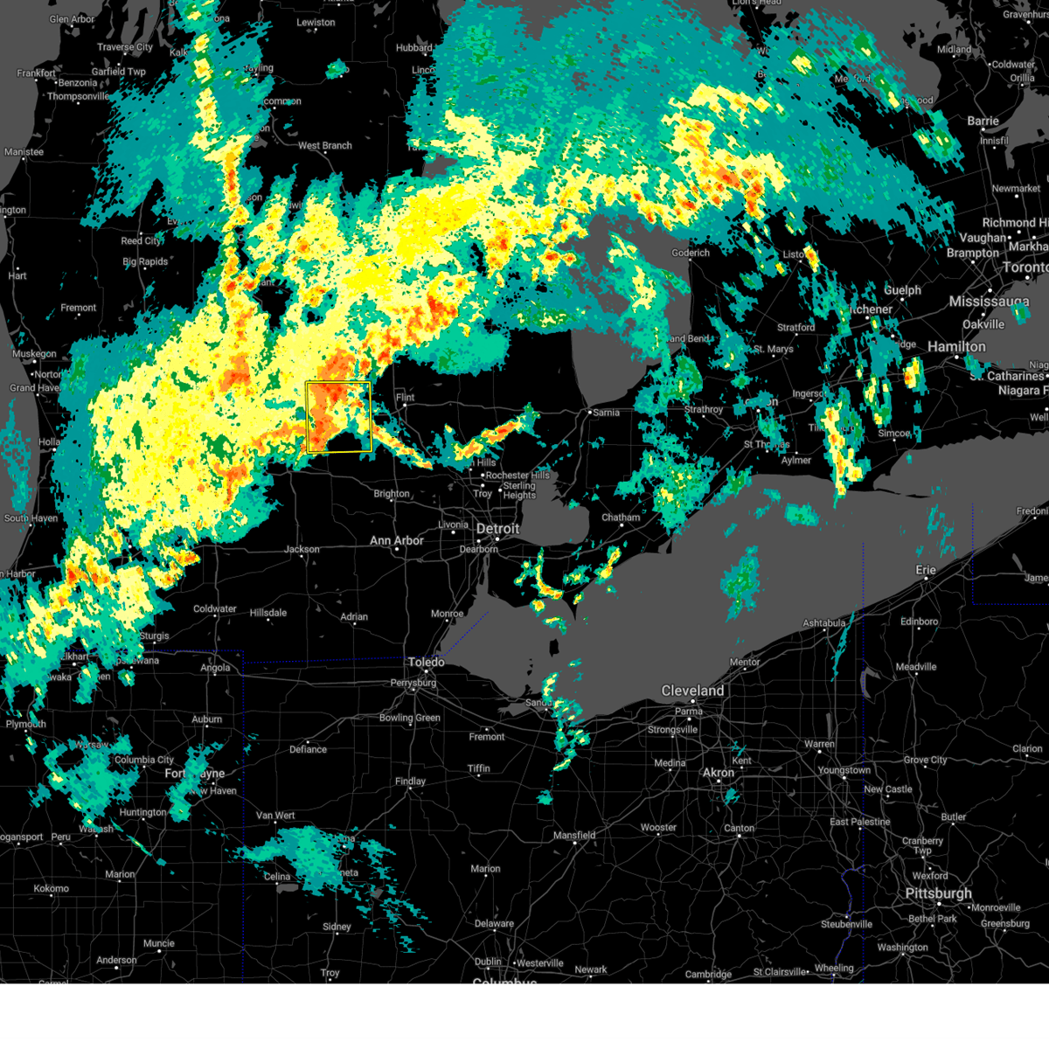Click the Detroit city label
[497, 529]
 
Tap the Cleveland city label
[692, 691]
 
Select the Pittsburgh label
[938, 893]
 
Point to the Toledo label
[426, 663]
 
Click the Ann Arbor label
[396, 541]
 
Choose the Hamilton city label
[956, 347]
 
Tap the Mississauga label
[989, 302]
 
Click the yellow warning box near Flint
[338, 416]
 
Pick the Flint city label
[405, 398]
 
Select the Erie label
[925, 570]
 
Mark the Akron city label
[719, 773]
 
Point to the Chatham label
[621, 518]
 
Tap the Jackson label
[302, 550]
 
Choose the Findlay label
[410, 782]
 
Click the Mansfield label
[574, 836]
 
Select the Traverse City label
[125, 47]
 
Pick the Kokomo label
[51, 888]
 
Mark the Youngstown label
[844, 770]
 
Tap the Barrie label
[983, 122]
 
